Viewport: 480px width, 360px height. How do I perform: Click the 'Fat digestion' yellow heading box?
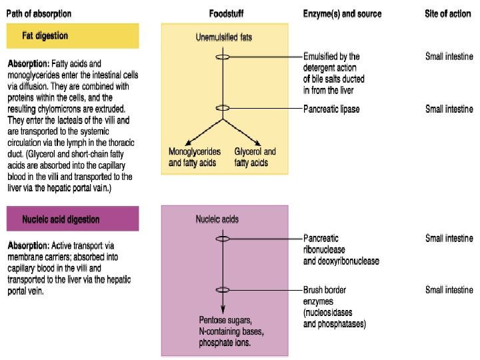[x=73, y=35]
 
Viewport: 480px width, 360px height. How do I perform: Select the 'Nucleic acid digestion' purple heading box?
[x=73, y=219]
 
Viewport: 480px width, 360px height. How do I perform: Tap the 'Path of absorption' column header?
[x=39, y=13]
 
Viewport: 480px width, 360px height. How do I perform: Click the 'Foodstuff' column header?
[x=225, y=13]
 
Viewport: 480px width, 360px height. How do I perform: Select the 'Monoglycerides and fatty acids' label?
[x=194, y=157]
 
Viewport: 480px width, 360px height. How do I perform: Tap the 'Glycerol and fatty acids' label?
[x=255, y=157]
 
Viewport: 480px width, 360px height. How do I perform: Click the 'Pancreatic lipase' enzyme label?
[x=331, y=109]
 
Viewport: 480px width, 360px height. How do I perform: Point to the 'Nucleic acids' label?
[x=217, y=219]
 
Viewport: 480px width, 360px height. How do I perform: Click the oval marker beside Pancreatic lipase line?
[x=223, y=108]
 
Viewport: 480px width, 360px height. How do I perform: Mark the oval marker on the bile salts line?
[x=223, y=57]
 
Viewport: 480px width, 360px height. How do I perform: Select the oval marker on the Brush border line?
[x=223, y=289]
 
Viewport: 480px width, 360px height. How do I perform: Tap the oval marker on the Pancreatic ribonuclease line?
[x=223, y=238]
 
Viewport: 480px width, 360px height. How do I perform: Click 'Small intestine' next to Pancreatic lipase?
[x=449, y=109]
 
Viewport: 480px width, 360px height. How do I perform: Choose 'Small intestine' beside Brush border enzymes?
[x=449, y=290]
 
